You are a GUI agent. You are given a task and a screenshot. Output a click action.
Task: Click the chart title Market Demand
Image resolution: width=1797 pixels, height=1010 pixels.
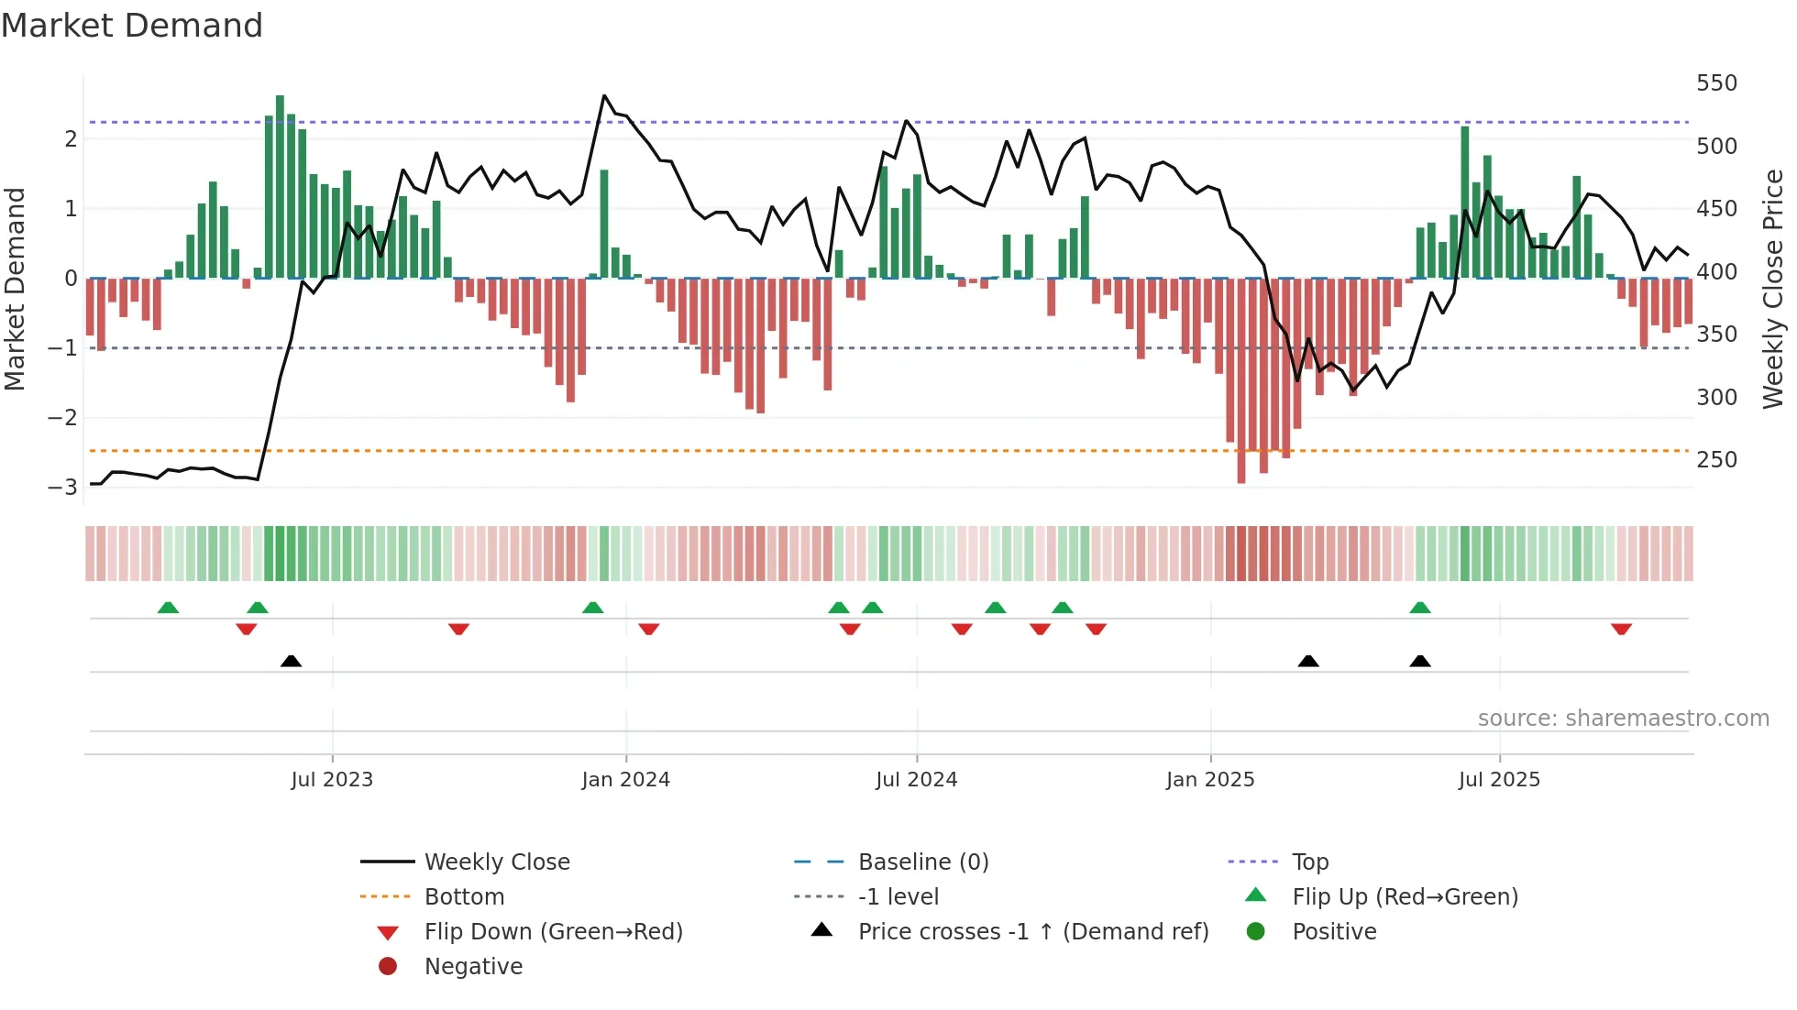pos(132,26)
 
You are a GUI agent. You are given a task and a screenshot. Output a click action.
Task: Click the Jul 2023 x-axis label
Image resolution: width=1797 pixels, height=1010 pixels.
pos(332,780)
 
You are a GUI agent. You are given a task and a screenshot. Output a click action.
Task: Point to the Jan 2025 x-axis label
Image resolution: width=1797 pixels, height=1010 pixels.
pos(1210,780)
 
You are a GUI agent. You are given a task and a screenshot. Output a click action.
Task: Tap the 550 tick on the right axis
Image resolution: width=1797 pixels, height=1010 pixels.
pos(1716,83)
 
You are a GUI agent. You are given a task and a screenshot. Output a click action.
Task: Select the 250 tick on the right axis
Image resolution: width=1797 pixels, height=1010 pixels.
pos(1716,460)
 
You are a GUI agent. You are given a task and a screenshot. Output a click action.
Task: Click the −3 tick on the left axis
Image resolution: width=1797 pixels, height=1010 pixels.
pos(62,487)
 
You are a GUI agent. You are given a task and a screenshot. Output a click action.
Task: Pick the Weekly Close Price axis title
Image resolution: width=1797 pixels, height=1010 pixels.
pos(1773,289)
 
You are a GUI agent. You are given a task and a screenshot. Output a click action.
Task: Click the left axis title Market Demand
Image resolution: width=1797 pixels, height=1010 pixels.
pos(16,289)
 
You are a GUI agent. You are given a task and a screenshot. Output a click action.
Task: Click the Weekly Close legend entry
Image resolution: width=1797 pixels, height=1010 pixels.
pos(496,862)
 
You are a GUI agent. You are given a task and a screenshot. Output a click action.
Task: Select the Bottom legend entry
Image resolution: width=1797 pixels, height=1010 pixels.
pos(464,897)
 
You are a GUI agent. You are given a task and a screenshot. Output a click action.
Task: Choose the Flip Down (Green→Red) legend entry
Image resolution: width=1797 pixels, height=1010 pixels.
pos(553,932)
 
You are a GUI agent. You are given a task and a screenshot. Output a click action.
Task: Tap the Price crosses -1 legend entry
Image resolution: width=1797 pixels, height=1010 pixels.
pos(1032,932)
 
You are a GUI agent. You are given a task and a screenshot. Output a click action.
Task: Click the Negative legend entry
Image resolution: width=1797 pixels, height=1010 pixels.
pos(473,967)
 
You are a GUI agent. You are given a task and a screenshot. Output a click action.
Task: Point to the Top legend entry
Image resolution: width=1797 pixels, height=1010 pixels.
pos(1310,862)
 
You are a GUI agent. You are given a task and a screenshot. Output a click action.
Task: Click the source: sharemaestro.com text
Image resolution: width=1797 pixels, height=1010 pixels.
pos(1623,719)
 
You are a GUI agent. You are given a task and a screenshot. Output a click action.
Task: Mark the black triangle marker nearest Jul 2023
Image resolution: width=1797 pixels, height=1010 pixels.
pos(291,661)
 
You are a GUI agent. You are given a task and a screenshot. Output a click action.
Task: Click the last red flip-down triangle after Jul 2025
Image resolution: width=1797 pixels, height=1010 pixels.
pos(1621,629)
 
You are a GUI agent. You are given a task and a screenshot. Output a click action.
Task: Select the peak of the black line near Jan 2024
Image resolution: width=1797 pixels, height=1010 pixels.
pos(604,95)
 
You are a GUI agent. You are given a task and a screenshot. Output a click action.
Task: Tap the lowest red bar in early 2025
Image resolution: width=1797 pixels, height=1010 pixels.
pos(1241,380)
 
